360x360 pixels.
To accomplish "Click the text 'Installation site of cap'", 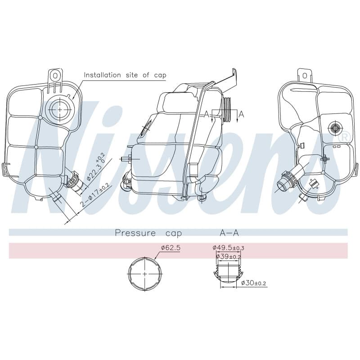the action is tap(125, 75).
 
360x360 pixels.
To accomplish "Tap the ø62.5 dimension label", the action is tap(171, 248).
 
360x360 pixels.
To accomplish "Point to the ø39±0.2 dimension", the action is tap(228, 256).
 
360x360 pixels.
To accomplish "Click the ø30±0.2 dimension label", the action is tap(253, 283).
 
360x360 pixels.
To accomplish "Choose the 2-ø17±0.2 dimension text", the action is tap(95, 196).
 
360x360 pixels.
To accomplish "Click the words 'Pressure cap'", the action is tap(148, 233).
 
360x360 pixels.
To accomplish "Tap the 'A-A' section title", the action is tap(229, 233).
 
